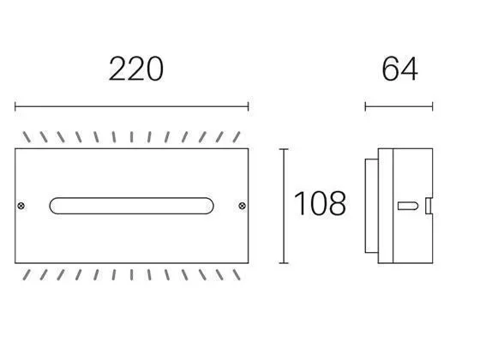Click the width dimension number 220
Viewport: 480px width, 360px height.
[135, 69]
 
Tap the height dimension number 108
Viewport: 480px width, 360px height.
[320, 204]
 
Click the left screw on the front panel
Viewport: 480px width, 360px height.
[22, 205]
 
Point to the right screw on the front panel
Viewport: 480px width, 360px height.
[241, 205]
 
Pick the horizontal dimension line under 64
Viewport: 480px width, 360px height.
[399, 107]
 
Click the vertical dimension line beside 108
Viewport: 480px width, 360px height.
[284, 205]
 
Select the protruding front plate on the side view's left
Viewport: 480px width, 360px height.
[369, 205]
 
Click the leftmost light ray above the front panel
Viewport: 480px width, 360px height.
[27, 137]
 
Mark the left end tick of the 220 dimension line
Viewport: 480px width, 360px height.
[15, 107]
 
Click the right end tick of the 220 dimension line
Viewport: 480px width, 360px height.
[248, 107]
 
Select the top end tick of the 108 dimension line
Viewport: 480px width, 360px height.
[284, 148]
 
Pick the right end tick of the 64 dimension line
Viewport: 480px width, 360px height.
[432, 107]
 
